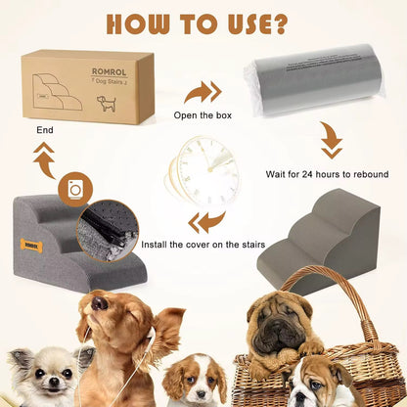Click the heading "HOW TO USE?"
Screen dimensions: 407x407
[x=203, y=23]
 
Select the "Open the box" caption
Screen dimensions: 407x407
[x=203, y=114]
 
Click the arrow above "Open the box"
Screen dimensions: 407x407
[x=203, y=93]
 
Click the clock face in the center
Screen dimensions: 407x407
[x=208, y=172]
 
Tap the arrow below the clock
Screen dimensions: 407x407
[x=206, y=221]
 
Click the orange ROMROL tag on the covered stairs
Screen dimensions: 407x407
[x=32, y=246]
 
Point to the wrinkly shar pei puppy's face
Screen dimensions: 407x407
[x=278, y=322]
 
